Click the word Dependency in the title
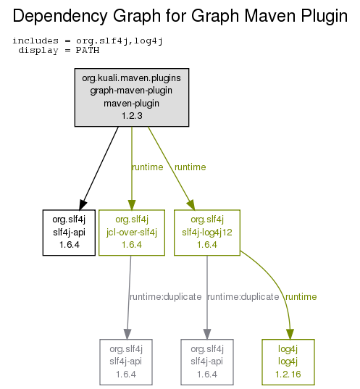pyautogui.click(x=60, y=17)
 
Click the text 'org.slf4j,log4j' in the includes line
pyautogui.click(x=120, y=41)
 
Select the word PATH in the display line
pyautogui.click(x=88, y=50)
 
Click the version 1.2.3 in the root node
pyautogui.click(x=132, y=116)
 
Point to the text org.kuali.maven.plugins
pyautogui.click(x=132, y=78)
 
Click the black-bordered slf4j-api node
pyautogui.click(x=69, y=233)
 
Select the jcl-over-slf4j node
pyautogui.click(x=132, y=233)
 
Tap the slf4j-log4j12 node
pyautogui.click(x=207, y=233)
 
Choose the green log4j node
pyautogui.click(x=288, y=362)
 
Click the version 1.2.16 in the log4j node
pyautogui.click(x=288, y=374)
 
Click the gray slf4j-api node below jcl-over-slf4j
pyautogui.click(x=126, y=362)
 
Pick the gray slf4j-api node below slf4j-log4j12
pyautogui.click(x=207, y=362)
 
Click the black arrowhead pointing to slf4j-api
pyautogui.click(x=83, y=204)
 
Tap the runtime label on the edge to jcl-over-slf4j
pyautogui.click(x=148, y=167)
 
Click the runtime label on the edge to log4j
pyautogui.click(x=301, y=297)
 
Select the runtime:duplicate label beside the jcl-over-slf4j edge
pyautogui.click(x=166, y=297)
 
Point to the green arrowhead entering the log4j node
pyautogui.click(x=290, y=334)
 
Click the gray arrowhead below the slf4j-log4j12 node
pyautogui.click(x=207, y=334)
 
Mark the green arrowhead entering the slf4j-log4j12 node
pyautogui.click(x=191, y=205)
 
